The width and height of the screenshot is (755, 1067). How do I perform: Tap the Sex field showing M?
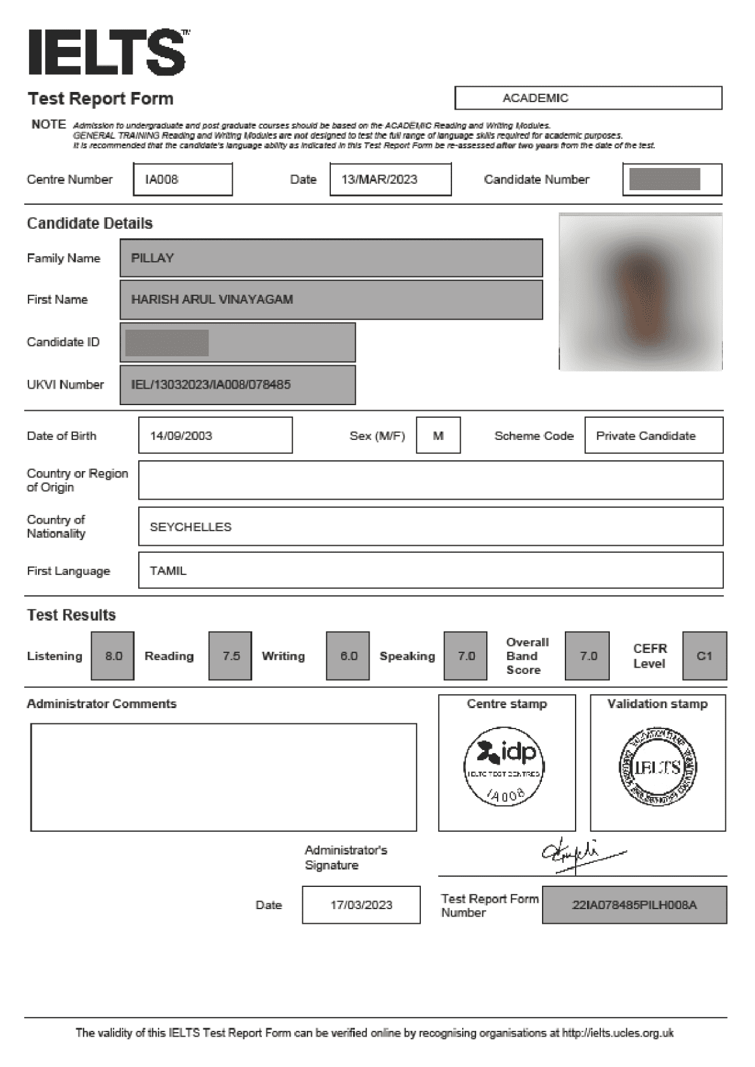click(x=438, y=436)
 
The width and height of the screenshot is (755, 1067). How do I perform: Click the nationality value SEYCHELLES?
click(x=191, y=527)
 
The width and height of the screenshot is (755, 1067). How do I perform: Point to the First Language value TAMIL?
click(x=169, y=571)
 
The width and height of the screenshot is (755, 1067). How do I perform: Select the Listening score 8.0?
click(x=113, y=656)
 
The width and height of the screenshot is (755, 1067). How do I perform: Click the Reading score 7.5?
click(x=231, y=656)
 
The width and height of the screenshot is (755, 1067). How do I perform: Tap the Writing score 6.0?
click(x=348, y=656)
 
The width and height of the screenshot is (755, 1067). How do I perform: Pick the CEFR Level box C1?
click(x=704, y=656)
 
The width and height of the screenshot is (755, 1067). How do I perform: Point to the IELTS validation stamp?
click(x=657, y=767)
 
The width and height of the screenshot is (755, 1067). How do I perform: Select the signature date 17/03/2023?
click(x=361, y=905)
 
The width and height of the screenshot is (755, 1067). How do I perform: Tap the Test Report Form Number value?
click(x=634, y=905)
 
